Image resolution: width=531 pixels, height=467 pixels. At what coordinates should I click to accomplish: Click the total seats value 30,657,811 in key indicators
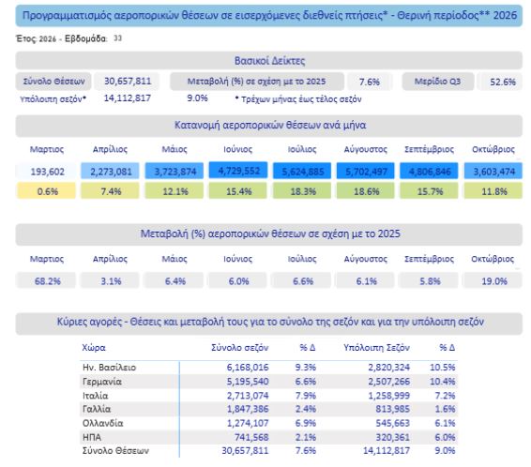pos(128,82)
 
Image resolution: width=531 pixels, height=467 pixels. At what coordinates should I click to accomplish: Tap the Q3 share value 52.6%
pos(503,82)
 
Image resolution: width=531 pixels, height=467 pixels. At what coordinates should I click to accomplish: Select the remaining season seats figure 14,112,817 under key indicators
pos(127,98)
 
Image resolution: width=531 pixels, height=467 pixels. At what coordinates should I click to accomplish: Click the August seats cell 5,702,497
pos(366,172)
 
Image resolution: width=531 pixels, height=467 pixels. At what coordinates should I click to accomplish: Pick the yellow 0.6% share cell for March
pos(46,191)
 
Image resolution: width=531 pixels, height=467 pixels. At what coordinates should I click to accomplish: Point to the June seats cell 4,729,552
pos(238,171)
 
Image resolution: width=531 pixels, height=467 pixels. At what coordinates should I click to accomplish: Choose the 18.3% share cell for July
pos(302,191)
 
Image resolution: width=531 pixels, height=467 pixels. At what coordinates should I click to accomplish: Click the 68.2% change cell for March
pos(46,281)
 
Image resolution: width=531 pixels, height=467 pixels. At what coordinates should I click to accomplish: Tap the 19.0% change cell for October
pos(493,281)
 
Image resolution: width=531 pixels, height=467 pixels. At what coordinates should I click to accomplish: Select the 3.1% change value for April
pos(111,281)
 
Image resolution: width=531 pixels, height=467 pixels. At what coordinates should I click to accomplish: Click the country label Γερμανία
pos(102,382)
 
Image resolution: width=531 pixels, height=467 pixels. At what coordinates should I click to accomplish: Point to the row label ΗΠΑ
pos(91,437)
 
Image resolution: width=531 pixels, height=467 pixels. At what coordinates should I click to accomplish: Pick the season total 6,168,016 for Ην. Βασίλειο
pos(248,368)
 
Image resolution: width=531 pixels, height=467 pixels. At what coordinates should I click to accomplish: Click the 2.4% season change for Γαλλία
pos(306,409)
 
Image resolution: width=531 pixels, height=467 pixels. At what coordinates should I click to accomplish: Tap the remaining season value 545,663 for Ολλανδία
pos(392,423)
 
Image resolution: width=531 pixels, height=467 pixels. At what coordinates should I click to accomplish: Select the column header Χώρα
pos(94,348)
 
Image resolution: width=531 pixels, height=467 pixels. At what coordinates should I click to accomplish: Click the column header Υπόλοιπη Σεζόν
pos(376,348)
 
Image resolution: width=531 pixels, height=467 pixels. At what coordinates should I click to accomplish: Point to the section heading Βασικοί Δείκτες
pos(269,61)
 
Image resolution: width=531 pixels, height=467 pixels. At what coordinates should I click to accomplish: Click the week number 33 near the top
pos(117,38)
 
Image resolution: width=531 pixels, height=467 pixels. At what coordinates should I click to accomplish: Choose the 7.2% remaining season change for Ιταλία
pos(445,395)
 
